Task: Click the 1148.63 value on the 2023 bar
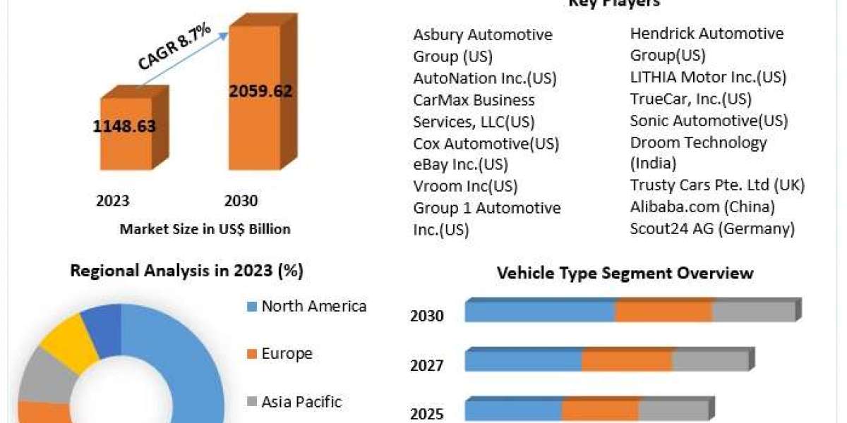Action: [124, 126]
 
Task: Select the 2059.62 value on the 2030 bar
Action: [260, 91]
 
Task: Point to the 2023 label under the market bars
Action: [112, 201]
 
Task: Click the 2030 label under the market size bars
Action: [241, 201]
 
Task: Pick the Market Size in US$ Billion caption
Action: [205, 228]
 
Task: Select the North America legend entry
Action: [313, 306]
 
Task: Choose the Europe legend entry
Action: [287, 353]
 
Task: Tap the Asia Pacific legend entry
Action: [301, 402]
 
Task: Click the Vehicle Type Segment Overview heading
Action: [625, 273]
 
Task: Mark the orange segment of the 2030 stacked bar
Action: [663, 311]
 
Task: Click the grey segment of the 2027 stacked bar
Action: [709, 360]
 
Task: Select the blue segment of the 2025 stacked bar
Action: [513, 410]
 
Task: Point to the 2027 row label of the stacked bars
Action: [427, 365]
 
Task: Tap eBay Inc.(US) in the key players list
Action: [460, 165]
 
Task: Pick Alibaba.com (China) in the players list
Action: [702, 207]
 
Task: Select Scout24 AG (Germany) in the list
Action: [712, 228]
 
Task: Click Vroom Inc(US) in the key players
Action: [465, 186]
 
